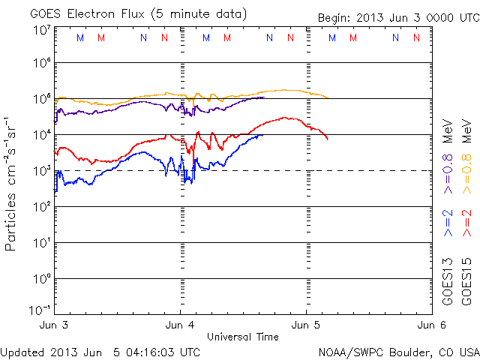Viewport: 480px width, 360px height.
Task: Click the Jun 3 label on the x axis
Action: (54, 325)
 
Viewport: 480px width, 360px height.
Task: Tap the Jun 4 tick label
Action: (180, 325)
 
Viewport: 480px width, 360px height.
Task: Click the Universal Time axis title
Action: (243, 337)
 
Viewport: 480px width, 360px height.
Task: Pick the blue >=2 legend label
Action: (448, 223)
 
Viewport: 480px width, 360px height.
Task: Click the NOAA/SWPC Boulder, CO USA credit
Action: (398, 351)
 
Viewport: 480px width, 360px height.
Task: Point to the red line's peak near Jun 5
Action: (284, 117)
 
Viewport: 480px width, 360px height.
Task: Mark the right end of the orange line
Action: (328, 97)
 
